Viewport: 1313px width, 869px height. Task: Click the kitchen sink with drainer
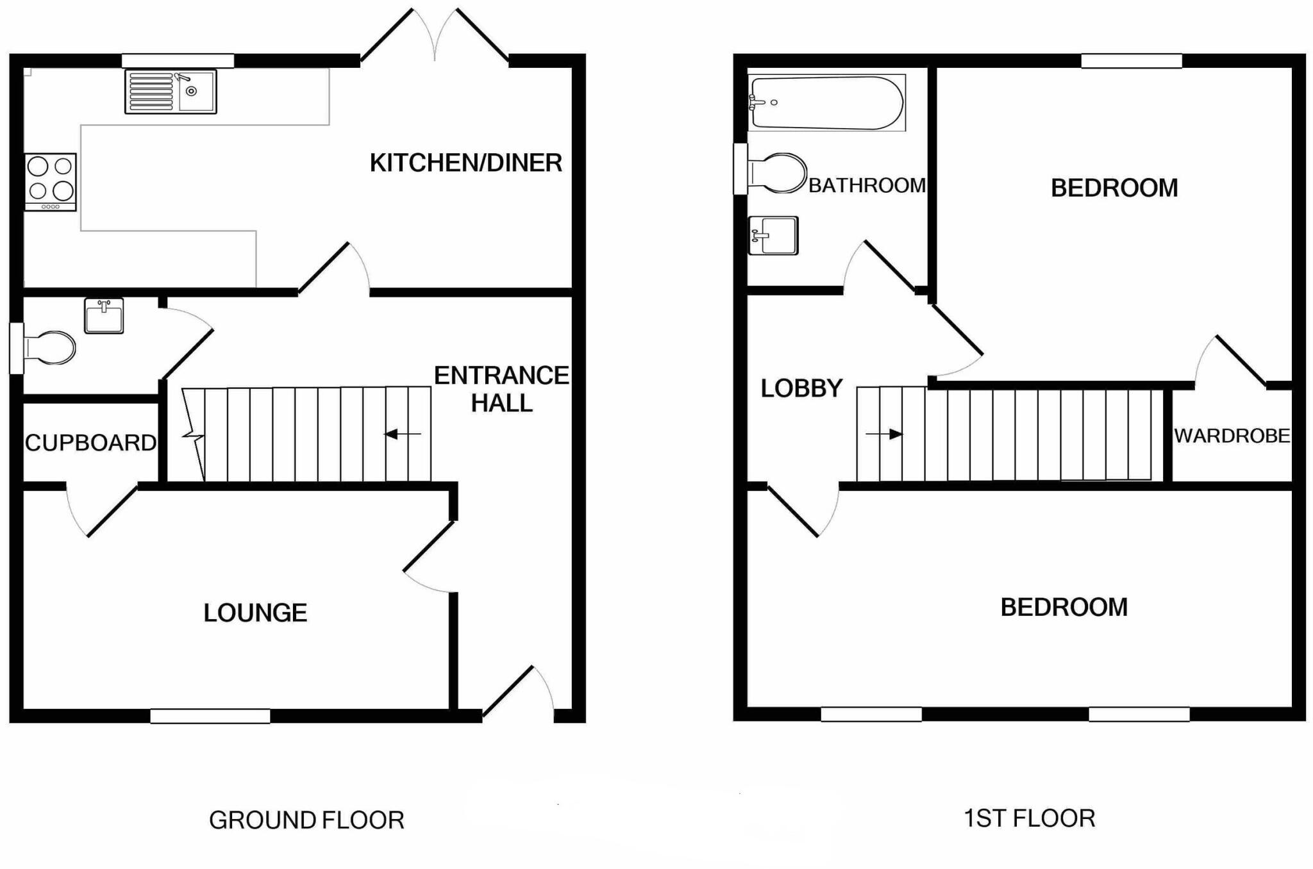point(171,92)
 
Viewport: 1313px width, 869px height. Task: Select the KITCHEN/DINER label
point(466,163)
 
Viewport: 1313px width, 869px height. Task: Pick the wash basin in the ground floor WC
point(104,316)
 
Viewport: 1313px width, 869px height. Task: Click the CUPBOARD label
point(90,443)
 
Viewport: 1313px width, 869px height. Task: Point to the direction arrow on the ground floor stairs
point(403,434)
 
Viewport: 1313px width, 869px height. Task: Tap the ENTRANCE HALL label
point(501,389)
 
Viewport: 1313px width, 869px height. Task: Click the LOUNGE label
point(255,613)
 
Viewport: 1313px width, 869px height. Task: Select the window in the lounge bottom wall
point(210,716)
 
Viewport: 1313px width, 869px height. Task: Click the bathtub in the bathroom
point(827,103)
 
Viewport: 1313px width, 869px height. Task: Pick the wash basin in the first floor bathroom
point(774,235)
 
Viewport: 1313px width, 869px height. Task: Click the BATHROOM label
point(867,186)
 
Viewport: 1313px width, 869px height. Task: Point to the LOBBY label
point(801,388)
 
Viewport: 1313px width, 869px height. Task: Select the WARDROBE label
point(1232,436)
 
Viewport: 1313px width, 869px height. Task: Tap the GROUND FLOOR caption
point(306,820)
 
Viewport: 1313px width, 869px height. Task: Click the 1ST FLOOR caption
point(1030,818)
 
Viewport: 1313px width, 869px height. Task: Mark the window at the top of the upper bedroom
point(1132,61)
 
